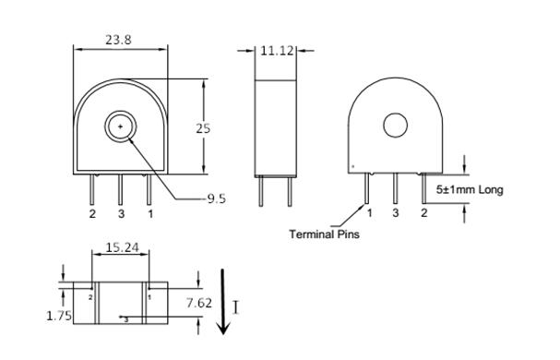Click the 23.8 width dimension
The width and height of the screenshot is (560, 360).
(x=118, y=40)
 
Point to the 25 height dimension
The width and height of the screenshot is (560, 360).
(x=203, y=128)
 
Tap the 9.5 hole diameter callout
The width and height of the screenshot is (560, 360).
(x=216, y=198)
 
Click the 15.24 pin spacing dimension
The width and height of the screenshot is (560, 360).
(x=123, y=247)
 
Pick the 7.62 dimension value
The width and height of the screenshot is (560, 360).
(x=197, y=302)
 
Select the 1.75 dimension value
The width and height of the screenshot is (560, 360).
(x=59, y=315)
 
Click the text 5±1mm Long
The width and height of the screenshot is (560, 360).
(x=470, y=190)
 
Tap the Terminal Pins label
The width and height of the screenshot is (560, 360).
(x=324, y=234)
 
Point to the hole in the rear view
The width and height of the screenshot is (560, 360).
(x=396, y=126)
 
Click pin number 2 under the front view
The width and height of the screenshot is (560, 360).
(x=92, y=214)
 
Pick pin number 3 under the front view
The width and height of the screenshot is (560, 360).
(x=121, y=214)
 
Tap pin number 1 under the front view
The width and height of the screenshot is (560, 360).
(x=150, y=214)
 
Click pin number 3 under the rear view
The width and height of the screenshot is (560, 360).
(x=396, y=213)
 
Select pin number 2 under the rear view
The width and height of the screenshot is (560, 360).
(x=424, y=213)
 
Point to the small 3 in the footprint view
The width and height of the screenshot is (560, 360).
(x=126, y=318)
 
